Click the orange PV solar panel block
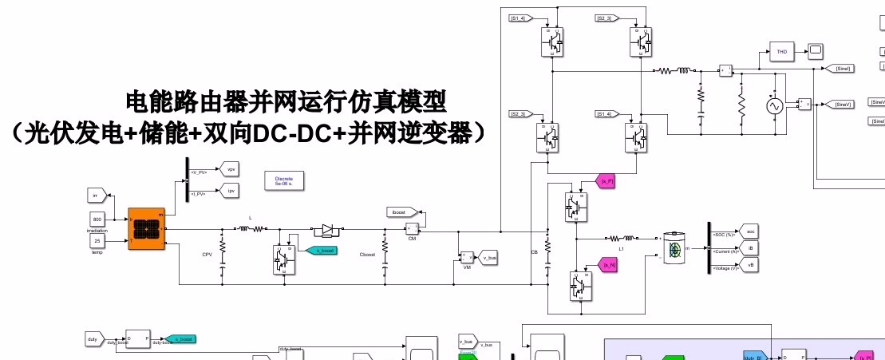[x=146, y=229]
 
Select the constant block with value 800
[x=97, y=220]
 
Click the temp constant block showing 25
[x=97, y=240]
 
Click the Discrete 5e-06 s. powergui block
[x=283, y=181]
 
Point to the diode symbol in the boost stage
[x=326, y=230]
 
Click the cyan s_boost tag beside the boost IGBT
[x=323, y=251]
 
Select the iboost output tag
[x=398, y=212]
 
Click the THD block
[x=782, y=52]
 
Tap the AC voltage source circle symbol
[x=773, y=106]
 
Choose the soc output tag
[x=749, y=231]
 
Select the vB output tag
[x=749, y=263]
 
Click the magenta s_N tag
[x=608, y=264]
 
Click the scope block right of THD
[x=816, y=52]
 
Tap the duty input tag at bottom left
[x=95, y=339]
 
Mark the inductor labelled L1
[x=622, y=238]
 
